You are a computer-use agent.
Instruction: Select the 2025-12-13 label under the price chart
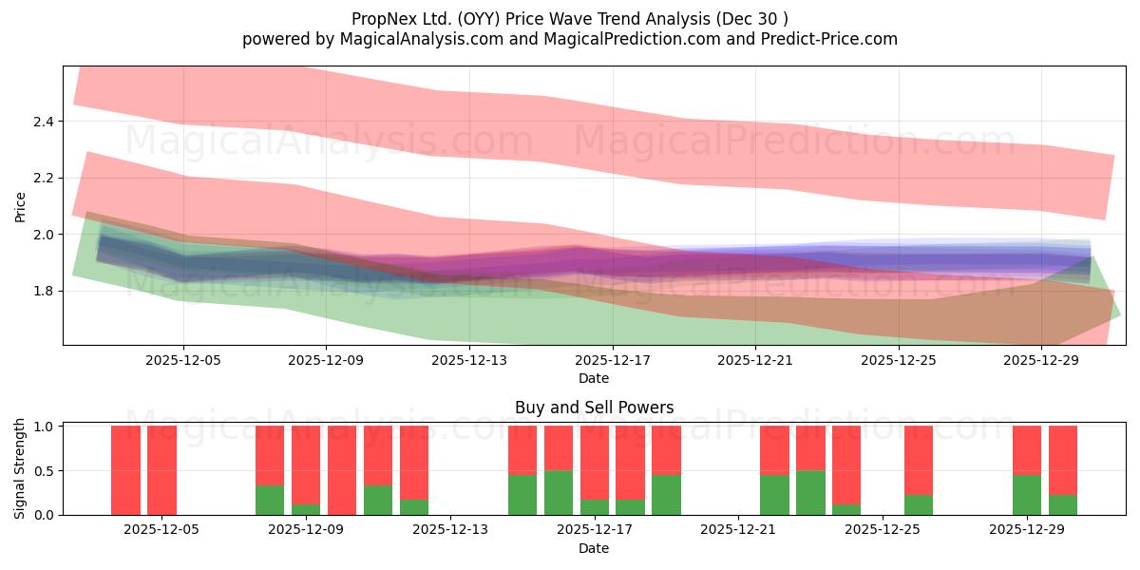pos(469,360)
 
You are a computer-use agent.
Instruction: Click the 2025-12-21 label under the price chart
pos(755,360)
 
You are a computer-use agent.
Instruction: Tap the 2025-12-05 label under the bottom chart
pos(161,530)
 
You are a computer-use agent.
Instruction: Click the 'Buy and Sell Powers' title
pos(594,408)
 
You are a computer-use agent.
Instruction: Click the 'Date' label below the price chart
pos(594,378)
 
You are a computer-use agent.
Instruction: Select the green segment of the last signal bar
pos(1063,504)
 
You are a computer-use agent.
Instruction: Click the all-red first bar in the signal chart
pos(125,470)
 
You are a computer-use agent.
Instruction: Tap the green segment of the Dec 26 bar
pos(919,504)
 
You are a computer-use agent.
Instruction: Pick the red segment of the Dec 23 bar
pos(810,447)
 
